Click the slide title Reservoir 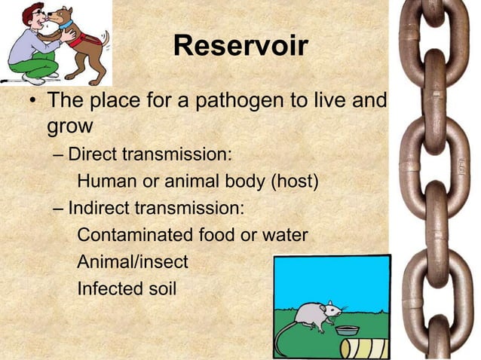click(x=240, y=47)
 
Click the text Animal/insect click(x=133, y=261)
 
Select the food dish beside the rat click(x=348, y=331)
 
